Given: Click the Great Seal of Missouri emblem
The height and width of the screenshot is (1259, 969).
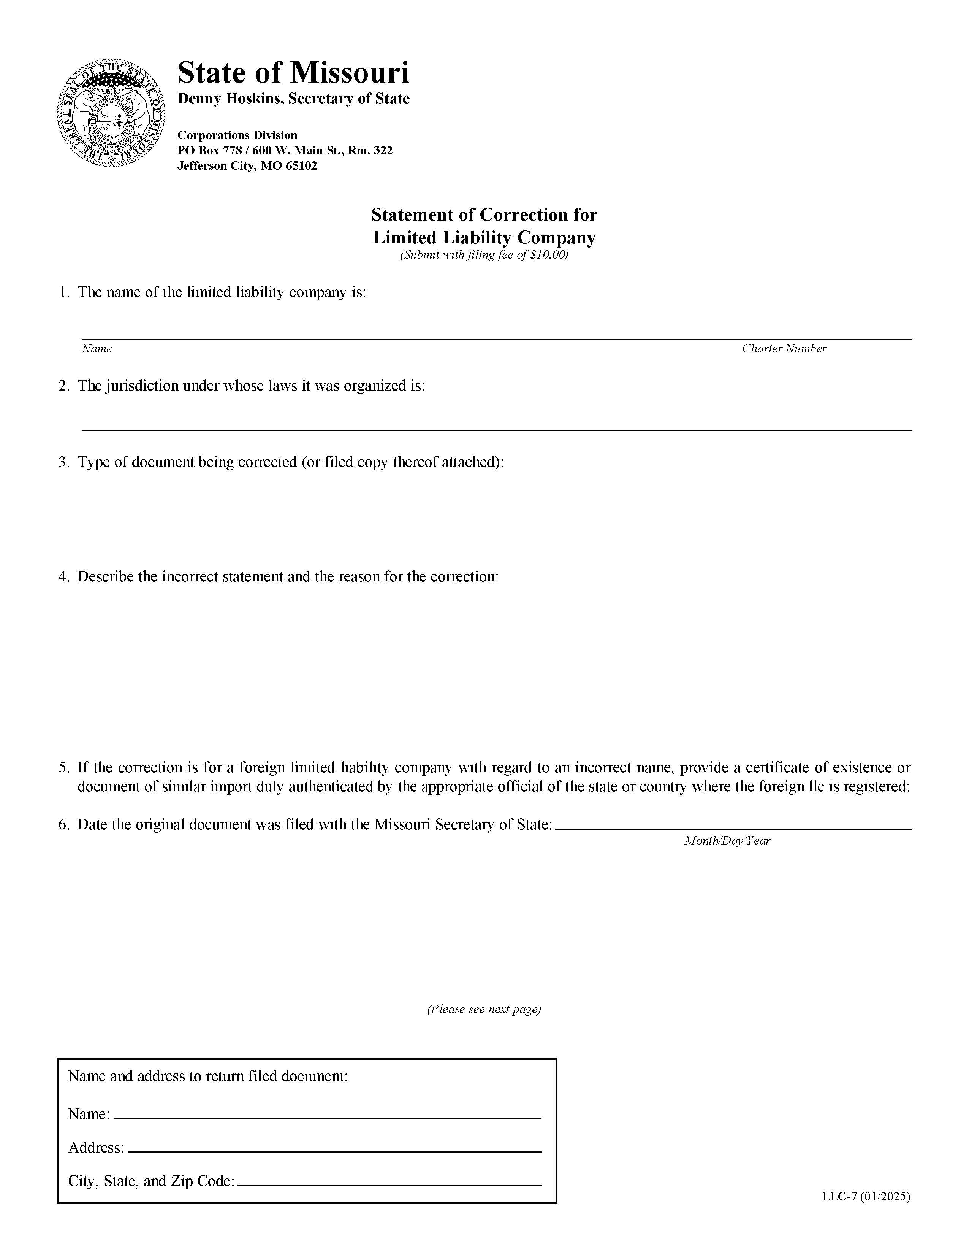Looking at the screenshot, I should pyautogui.click(x=112, y=113).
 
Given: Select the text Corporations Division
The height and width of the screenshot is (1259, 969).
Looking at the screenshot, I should pyautogui.click(x=237, y=135).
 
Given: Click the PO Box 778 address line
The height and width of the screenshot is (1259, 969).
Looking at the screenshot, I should pyautogui.click(x=285, y=151).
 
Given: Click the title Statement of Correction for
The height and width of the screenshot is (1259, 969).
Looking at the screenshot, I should pyautogui.click(x=484, y=215).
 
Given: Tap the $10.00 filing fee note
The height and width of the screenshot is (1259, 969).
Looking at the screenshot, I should pyautogui.click(x=484, y=255).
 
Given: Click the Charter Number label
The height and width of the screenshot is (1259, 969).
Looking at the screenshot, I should pyautogui.click(x=784, y=349).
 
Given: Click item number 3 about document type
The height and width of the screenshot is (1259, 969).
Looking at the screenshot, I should pyautogui.click(x=63, y=462).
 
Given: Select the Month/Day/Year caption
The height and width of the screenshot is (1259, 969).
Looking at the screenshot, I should pyautogui.click(x=727, y=840).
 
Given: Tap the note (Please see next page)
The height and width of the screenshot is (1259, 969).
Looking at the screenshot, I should pyautogui.click(x=484, y=1009).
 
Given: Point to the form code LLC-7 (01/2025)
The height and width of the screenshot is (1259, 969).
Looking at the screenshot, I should pyautogui.click(x=865, y=1197).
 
